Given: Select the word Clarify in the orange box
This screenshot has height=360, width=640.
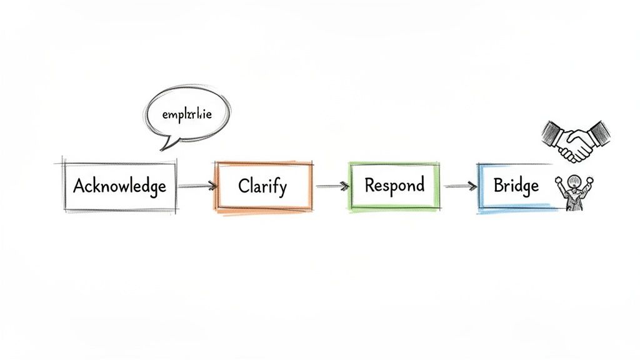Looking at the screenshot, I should click(262, 186).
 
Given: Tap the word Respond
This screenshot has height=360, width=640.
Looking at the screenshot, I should click(394, 185).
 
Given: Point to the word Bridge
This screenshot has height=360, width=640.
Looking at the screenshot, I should click(516, 186).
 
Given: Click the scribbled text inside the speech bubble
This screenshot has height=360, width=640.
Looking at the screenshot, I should click(187, 116).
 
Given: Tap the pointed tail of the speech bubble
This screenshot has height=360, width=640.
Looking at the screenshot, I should click(165, 146).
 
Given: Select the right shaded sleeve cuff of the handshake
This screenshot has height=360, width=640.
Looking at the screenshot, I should click(598, 132).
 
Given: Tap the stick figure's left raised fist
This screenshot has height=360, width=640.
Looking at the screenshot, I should click(558, 181).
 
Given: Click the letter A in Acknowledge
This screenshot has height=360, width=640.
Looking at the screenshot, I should click(79, 186).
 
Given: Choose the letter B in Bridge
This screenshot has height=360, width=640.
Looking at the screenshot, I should click(499, 186).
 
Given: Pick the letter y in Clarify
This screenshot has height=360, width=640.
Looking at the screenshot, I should click(284, 188).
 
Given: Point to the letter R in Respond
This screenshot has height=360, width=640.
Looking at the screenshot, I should click(369, 185).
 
